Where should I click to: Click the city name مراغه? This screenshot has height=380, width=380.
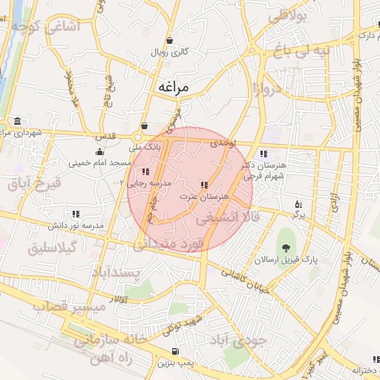click(x=174, y=87)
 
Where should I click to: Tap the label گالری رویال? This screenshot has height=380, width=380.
click(x=170, y=53)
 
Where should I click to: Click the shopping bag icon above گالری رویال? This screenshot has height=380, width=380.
click(x=171, y=41)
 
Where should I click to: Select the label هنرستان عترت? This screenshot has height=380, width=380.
click(x=203, y=197)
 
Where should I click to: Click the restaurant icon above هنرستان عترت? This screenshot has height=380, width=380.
click(x=203, y=185)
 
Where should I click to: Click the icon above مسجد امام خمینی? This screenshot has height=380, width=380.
click(x=99, y=151)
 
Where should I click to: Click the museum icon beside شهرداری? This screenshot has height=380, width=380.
click(x=17, y=122)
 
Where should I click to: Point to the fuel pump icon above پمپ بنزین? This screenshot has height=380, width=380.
click(x=175, y=352)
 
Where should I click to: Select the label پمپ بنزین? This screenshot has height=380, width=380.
click(x=175, y=364)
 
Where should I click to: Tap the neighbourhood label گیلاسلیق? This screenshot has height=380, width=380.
click(x=52, y=249)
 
